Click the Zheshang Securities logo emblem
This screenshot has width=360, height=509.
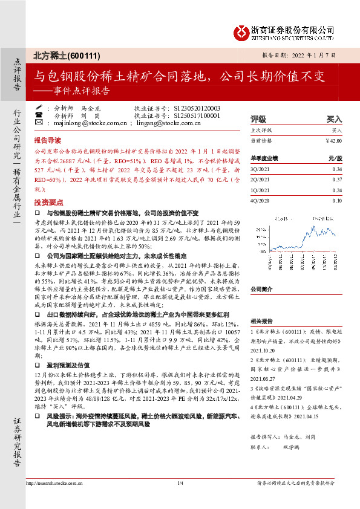pyautogui.click(x=241, y=30)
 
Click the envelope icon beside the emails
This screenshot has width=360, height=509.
pyautogui.click(x=39, y=123)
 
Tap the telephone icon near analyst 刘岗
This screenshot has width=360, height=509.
pyautogui.click(x=39, y=115)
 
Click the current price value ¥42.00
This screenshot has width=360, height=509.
pyautogui.click(x=333, y=140)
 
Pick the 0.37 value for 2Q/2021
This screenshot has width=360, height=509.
pyautogui.click(x=337, y=180)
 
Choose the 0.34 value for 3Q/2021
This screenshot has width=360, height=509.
pyautogui.click(x=337, y=169)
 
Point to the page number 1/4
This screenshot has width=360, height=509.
pyautogui.click(x=180, y=483)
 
